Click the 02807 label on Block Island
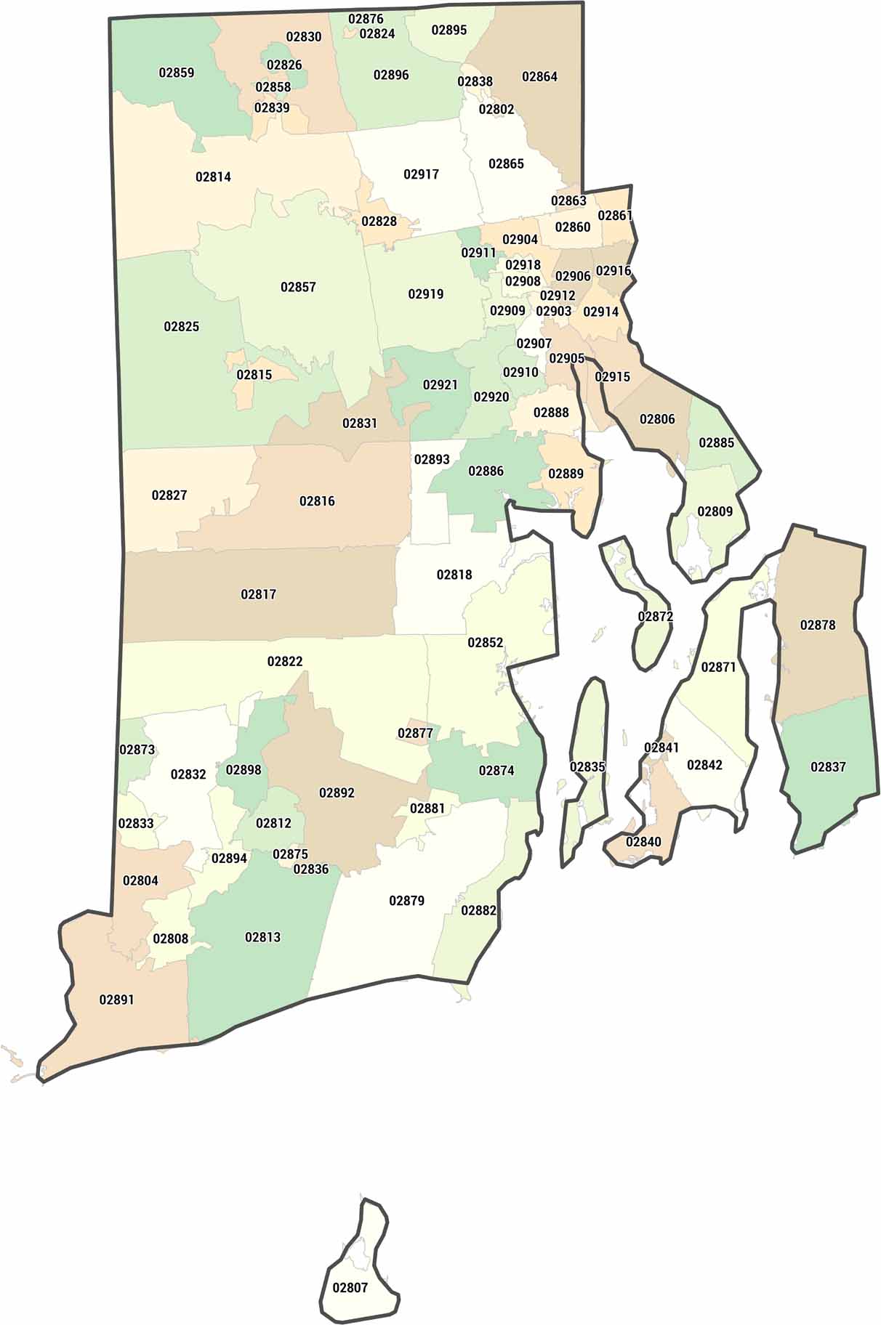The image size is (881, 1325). point(350,1287)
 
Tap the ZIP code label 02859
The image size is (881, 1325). point(177,73)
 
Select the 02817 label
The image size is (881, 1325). point(259,594)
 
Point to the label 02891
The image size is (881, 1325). point(117,1000)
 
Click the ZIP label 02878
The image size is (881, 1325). point(818,625)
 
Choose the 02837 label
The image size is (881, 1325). point(828,766)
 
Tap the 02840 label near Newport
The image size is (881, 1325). point(643,842)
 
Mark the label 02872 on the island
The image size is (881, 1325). point(656,617)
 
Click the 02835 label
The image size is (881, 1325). point(587,767)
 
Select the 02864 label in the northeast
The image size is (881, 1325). point(540,76)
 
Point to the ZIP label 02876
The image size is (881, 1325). point(366,19)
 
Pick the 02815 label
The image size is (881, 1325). point(254,375)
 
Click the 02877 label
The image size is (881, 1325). point(416,733)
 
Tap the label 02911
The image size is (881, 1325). point(478,253)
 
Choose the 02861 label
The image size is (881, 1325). point(615,215)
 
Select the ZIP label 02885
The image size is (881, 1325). point(717,442)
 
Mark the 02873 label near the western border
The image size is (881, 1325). point(137,749)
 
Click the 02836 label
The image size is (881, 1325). point(311,869)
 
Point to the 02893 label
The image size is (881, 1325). point(432,459)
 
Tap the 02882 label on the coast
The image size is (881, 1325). point(479,910)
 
